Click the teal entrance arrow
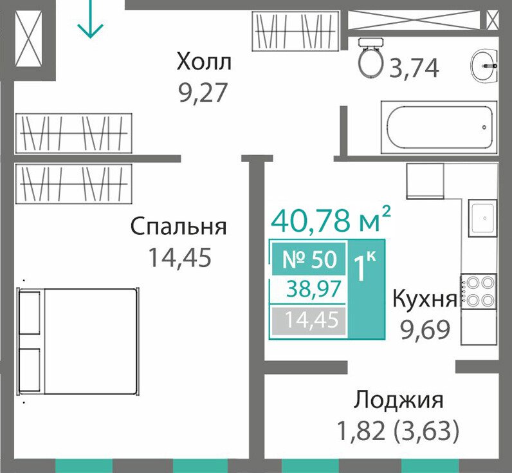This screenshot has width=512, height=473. click(90, 19)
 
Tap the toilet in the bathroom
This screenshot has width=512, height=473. click(371, 57)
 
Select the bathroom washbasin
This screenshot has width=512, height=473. click(484, 66)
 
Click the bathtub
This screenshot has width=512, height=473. click(439, 127)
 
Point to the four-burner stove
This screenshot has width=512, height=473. click(479, 292)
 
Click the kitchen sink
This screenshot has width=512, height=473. click(482, 218)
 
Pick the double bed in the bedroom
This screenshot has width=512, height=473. click(78, 341)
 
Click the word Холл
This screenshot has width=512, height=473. click(204, 62)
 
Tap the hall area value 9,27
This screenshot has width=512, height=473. click(203, 93)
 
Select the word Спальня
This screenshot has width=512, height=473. click(178, 226)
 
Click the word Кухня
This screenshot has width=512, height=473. click(425, 299)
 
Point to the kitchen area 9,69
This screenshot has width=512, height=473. click(425, 330)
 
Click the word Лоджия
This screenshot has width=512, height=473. click(399, 400)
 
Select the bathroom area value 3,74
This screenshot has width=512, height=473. click(414, 69)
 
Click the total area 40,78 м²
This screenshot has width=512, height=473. click(331, 219)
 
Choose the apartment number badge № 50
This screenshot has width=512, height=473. click(309, 259)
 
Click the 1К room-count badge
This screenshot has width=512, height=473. click(365, 266)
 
